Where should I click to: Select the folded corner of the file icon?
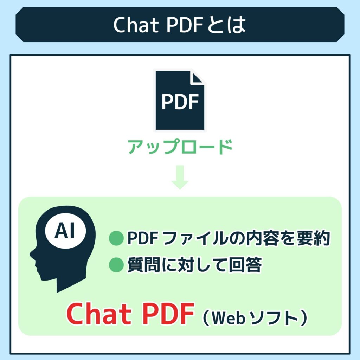pyautogui.click(x=198, y=77)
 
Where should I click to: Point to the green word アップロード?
pyautogui.click(x=180, y=147)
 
